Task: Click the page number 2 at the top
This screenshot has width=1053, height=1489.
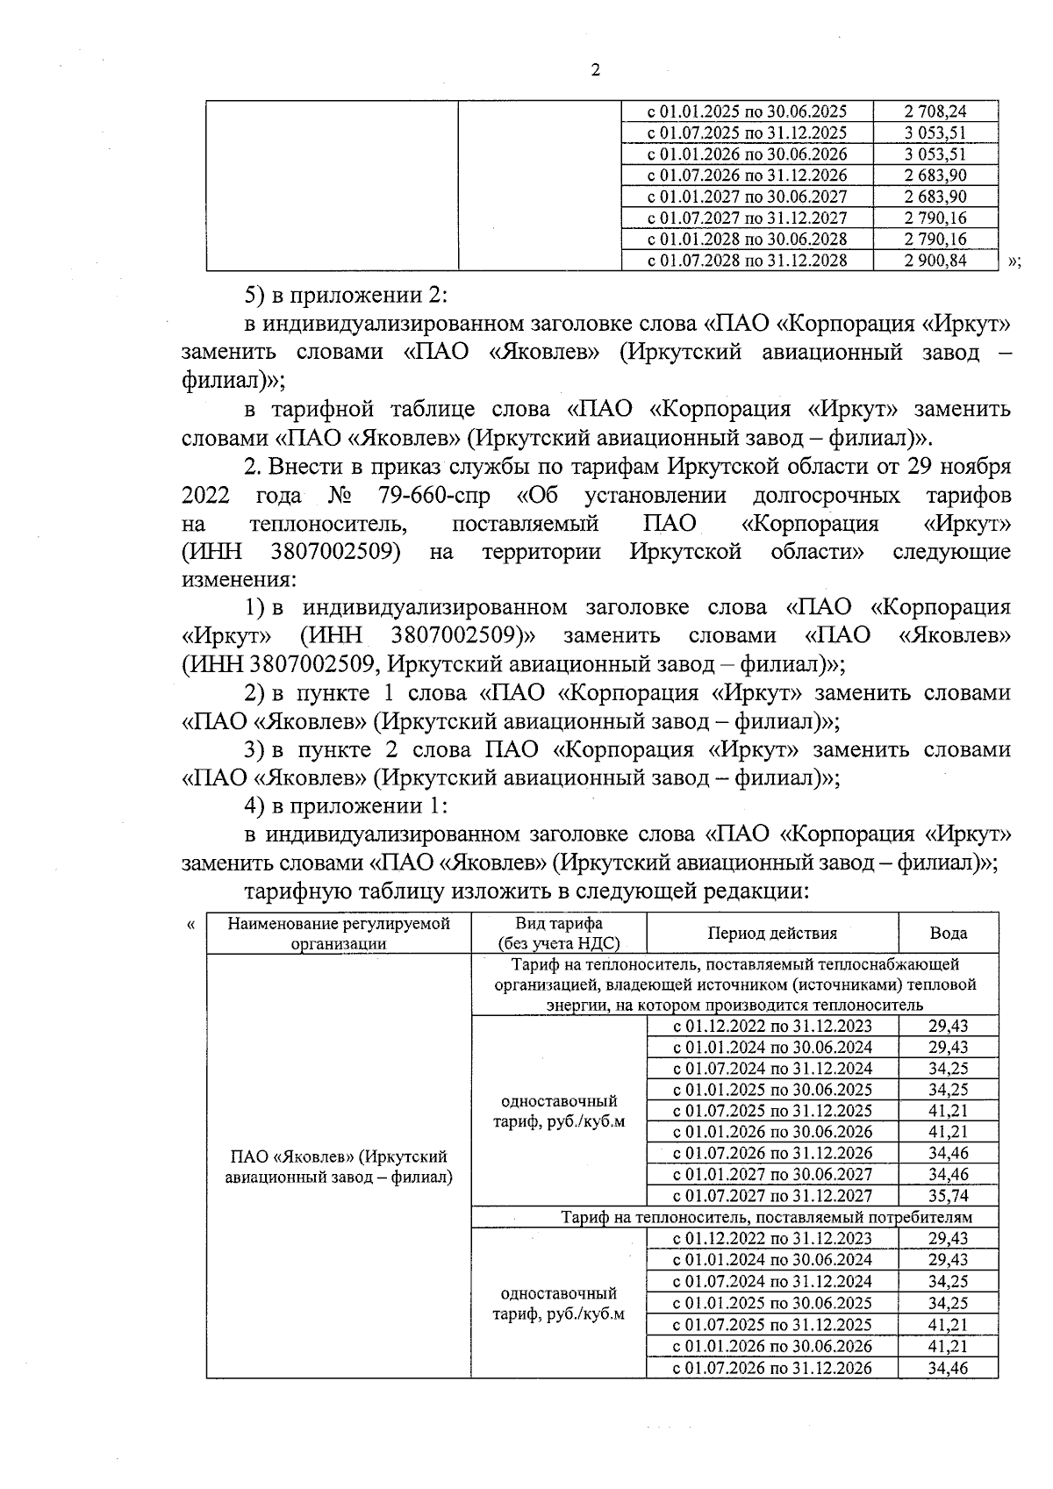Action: tap(596, 71)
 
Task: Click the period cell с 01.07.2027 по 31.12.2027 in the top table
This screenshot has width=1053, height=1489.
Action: tap(747, 218)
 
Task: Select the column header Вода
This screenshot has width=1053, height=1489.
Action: tap(949, 934)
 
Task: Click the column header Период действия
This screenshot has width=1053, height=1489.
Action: tap(772, 934)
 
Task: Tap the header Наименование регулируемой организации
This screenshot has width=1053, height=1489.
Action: tap(339, 934)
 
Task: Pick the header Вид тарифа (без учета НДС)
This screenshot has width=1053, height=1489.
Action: tap(558, 934)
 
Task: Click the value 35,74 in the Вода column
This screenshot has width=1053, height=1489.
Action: tap(948, 1195)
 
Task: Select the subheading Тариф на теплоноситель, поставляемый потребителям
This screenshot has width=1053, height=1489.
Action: tap(767, 1217)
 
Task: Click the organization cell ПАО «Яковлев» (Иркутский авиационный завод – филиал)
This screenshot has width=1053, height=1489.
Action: tap(339, 1167)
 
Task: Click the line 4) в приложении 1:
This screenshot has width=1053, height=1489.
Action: tap(347, 805)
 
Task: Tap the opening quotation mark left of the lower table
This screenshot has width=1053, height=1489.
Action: tap(191, 924)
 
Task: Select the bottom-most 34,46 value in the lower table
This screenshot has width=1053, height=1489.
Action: tap(948, 1367)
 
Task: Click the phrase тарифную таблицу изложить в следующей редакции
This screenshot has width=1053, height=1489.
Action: tap(525, 891)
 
